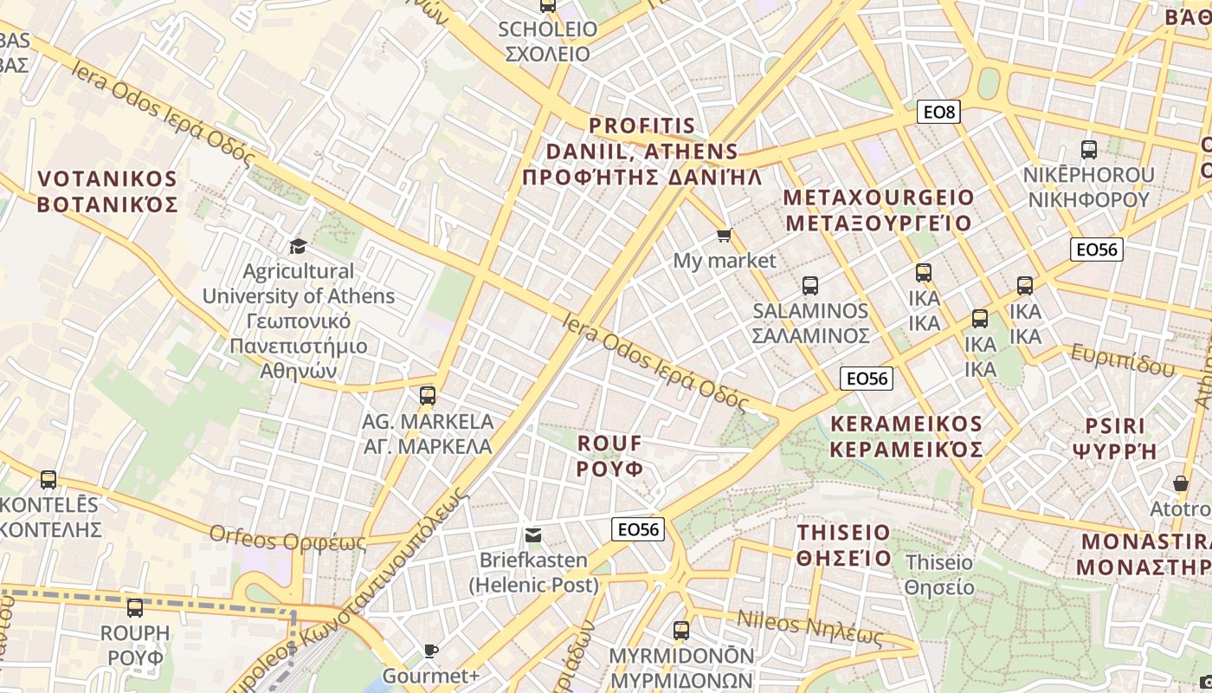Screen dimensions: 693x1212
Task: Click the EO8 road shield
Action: click(x=938, y=112)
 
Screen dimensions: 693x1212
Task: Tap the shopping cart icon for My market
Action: click(x=725, y=236)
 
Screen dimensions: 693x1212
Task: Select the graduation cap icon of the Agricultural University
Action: click(x=299, y=246)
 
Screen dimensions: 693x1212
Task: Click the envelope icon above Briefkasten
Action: click(x=533, y=535)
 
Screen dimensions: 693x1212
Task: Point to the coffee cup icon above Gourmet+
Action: click(x=430, y=651)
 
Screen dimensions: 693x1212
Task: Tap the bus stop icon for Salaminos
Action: click(x=810, y=286)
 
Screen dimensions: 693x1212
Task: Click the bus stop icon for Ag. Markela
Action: click(x=427, y=397)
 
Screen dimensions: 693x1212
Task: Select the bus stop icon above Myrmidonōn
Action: click(x=681, y=630)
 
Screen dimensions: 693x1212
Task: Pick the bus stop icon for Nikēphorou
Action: click(x=1089, y=150)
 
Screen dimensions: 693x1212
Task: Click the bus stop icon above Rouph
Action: click(x=135, y=608)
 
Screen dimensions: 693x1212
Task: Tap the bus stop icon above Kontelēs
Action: click(x=48, y=479)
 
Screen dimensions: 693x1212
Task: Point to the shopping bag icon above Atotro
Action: click(x=1181, y=483)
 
